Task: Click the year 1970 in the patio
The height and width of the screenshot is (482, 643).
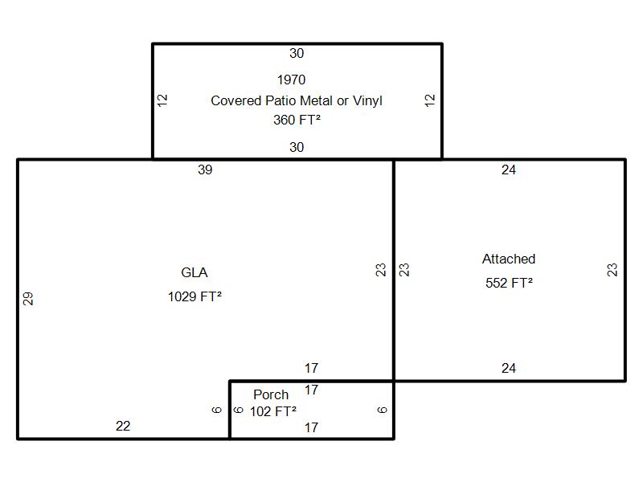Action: [x=291, y=80]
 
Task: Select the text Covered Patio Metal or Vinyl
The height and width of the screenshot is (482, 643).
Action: [x=297, y=100]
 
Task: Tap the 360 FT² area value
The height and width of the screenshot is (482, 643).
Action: [x=297, y=120]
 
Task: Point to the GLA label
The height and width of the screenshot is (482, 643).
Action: [x=195, y=272]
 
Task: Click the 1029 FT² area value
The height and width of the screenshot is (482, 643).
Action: [x=195, y=296]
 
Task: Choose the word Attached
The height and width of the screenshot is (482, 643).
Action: [x=509, y=259]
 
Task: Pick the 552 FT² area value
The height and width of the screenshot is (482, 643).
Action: [x=509, y=283]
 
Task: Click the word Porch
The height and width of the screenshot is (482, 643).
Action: [x=271, y=394]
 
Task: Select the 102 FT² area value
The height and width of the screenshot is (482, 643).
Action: [x=273, y=411]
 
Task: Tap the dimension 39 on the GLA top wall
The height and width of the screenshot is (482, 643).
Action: [x=205, y=170]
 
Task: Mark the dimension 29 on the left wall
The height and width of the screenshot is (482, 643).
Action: [x=28, y=298]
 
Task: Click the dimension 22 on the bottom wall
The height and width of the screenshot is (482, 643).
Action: [x=123, y=426]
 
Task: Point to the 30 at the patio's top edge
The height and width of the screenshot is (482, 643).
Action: [x=297, y=53]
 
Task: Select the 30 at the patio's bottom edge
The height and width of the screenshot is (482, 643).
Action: [x=297, y=147]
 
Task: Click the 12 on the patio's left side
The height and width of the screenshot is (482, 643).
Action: [x=162, y=100]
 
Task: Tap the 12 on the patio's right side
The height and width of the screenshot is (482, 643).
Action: [x=430, y=100]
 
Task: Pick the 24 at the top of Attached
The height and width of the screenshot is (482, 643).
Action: [x=509, y=170]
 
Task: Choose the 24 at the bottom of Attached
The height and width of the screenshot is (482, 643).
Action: [x=509, y=368]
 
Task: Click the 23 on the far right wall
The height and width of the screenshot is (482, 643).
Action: [x=612, y=270]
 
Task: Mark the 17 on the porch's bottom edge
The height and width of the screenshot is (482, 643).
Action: [x=311, y=427]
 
